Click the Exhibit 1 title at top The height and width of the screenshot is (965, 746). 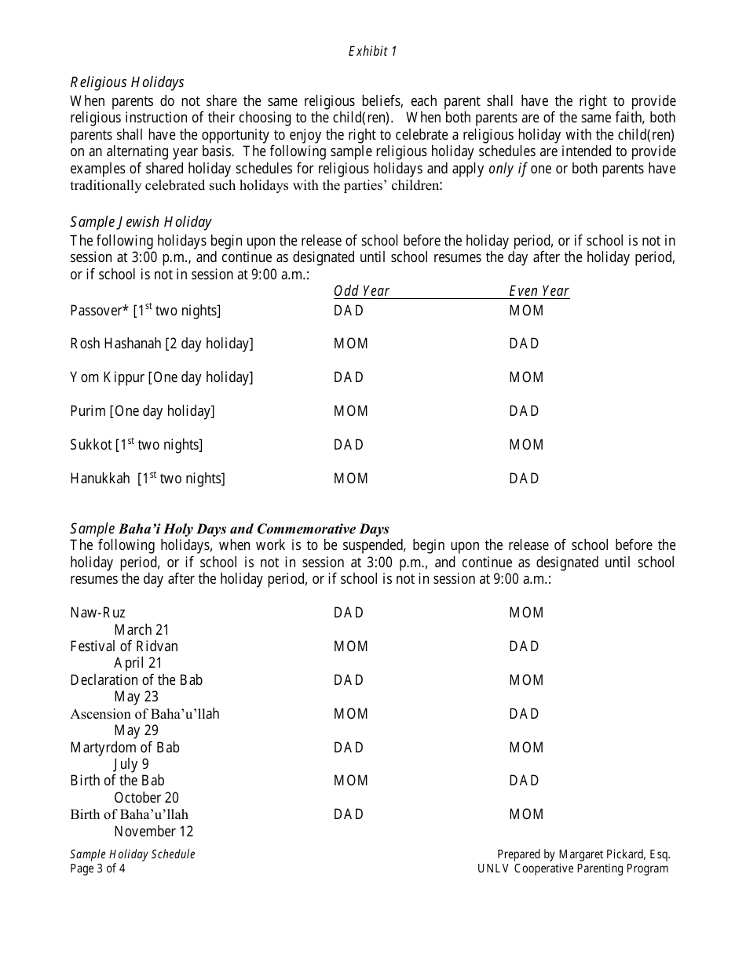[373, 52]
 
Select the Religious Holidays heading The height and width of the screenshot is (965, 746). [127, 82]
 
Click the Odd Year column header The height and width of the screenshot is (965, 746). [361, 291]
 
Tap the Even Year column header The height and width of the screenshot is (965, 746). [539, 291]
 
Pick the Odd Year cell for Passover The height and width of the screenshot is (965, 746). [349, 311]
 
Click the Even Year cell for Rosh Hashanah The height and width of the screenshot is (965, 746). [524, 344]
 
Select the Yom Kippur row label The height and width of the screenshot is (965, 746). [162, 377]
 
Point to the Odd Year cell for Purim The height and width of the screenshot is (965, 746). [351, 411]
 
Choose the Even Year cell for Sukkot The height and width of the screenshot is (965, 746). [526, 445]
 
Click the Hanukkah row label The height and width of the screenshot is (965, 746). [148, 479]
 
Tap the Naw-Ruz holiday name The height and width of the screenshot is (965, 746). [97, 613]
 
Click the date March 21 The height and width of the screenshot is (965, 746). [141, 629]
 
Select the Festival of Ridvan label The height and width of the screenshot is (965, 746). [124, 646]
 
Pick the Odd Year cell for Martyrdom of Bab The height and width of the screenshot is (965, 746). [349, 748]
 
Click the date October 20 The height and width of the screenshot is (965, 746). [146, 798]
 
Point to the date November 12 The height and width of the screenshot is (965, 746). [153, 832]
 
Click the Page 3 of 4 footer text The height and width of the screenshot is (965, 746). [97, 868]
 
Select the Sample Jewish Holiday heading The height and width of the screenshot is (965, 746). [141, 222]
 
